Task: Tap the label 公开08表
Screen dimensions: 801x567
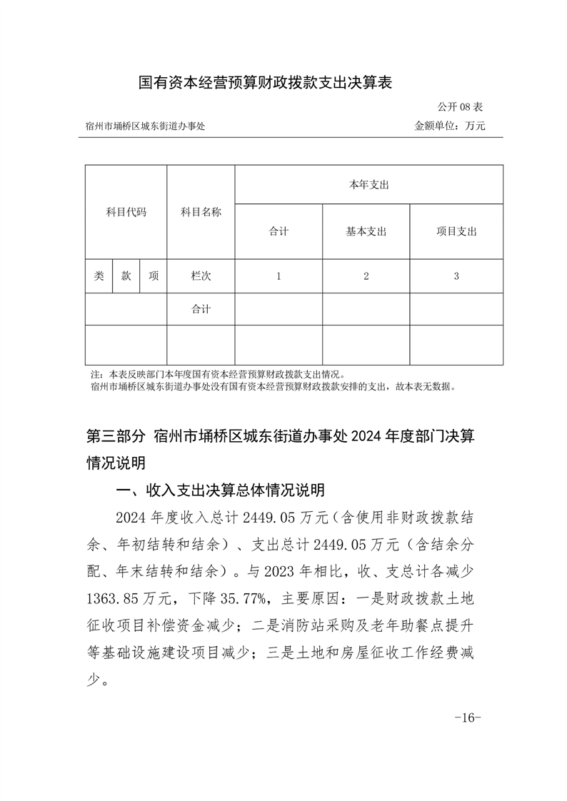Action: pyautogui.click(x=461, y=107)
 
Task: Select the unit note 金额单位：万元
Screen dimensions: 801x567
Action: pyautogui.click(x=450, y=126)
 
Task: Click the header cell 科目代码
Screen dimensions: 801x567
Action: pyautogui.click(x=126, y=212)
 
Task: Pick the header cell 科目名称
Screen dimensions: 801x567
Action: pyautogui.click(x=201, y=212)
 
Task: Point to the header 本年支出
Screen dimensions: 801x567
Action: pyautogui.click(x=368, y=185)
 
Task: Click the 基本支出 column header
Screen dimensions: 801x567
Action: pyautogui.click(x=366, y=231)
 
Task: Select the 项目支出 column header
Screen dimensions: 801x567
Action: pyautogui.click(x=456, y=231)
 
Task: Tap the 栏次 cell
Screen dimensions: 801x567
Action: pyautogui.click(x=201, y=276)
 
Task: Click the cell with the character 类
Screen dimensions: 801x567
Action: pyautogui.click(x=99, y=276)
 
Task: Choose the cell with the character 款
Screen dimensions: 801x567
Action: pyautogui.click(x=126, y=276)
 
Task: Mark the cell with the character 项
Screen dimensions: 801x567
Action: pyautogui.click(x=154, y=276)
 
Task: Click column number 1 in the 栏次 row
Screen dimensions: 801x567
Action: pyautogui.click(x=279, y=276)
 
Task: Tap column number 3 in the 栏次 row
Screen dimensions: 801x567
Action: pyautogui.click(x=456, y=276)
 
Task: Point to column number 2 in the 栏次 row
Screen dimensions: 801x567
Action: pyautogui.click(x=366, y=276)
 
